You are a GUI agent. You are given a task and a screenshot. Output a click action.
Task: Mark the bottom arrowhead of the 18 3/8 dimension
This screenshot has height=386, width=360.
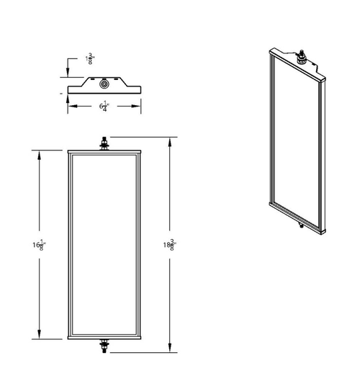(x=171, y=349)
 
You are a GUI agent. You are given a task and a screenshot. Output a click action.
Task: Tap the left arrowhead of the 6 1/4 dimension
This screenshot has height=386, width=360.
(x=70, y=105)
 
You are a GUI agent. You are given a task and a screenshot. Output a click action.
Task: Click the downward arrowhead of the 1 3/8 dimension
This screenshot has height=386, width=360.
(x=68, y=73)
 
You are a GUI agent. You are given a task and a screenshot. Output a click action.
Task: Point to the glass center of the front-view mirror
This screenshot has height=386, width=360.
(x=106, y=245)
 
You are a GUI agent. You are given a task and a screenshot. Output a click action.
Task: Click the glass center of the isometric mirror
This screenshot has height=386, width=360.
(x=295, y=140)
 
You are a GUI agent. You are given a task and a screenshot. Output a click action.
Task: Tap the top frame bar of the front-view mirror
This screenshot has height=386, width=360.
(x=106, y=153)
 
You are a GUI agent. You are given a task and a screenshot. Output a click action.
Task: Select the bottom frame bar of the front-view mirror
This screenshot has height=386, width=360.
(x=106, y=336)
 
